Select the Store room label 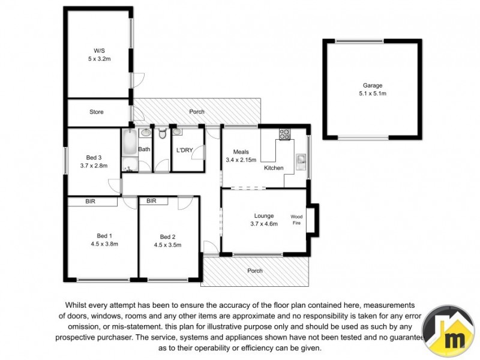tap(97, 112)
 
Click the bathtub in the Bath tap(129, 150)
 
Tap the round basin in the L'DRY tap(178, 133)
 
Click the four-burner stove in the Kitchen tap(284, 134)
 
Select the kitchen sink tap(301, 161)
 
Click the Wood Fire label tap(296, 220)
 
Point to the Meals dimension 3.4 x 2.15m tap(241, 160)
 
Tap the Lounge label tap(263, 216)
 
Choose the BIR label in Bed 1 tap(91, 202)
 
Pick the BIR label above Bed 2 tap(151, 202)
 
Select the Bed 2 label tap(167, 236)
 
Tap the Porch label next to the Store tap(197, 112)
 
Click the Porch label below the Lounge tap(255, 271)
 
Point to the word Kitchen tap(274, 168)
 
